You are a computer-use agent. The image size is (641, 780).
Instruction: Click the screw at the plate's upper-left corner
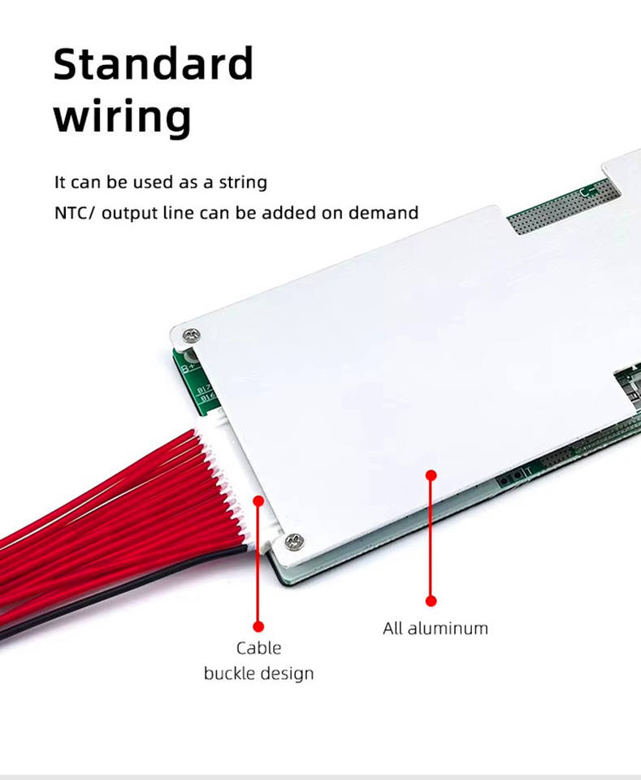click(x=191, y=335)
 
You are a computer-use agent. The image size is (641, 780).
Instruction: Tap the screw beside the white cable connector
click(x=294, y=540)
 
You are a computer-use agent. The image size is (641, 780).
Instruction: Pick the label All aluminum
click(x=435, y=628)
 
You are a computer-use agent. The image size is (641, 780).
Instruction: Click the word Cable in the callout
click(x=258, y=648)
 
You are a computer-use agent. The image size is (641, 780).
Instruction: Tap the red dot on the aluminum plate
click(x=431, y=475)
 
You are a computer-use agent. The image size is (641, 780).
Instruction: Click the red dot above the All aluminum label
click(x=431, y=600)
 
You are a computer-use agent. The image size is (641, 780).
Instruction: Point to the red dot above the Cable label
click(x=258, y=626)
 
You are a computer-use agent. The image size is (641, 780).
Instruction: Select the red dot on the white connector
click(x=258, y=501)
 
